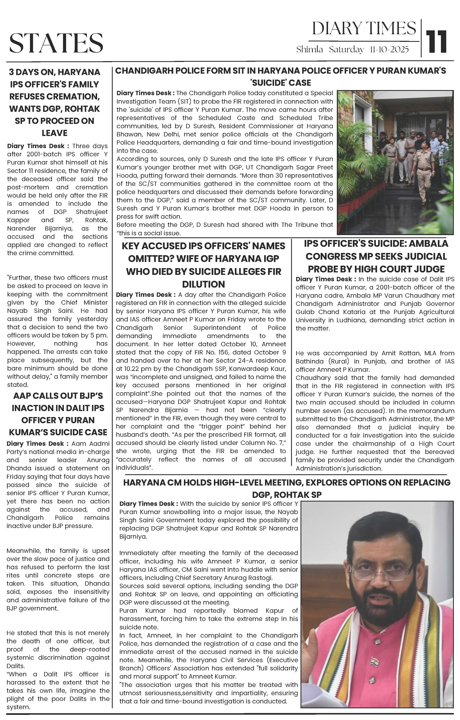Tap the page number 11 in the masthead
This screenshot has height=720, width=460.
coord(437,42)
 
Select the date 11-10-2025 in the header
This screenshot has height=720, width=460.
coord(389,50)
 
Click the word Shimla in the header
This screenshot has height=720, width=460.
coord(310,50)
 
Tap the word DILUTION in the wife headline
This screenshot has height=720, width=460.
coord(203,284)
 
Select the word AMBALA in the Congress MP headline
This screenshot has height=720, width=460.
coord(428,244)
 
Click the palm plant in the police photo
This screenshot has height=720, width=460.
coord(359,167)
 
